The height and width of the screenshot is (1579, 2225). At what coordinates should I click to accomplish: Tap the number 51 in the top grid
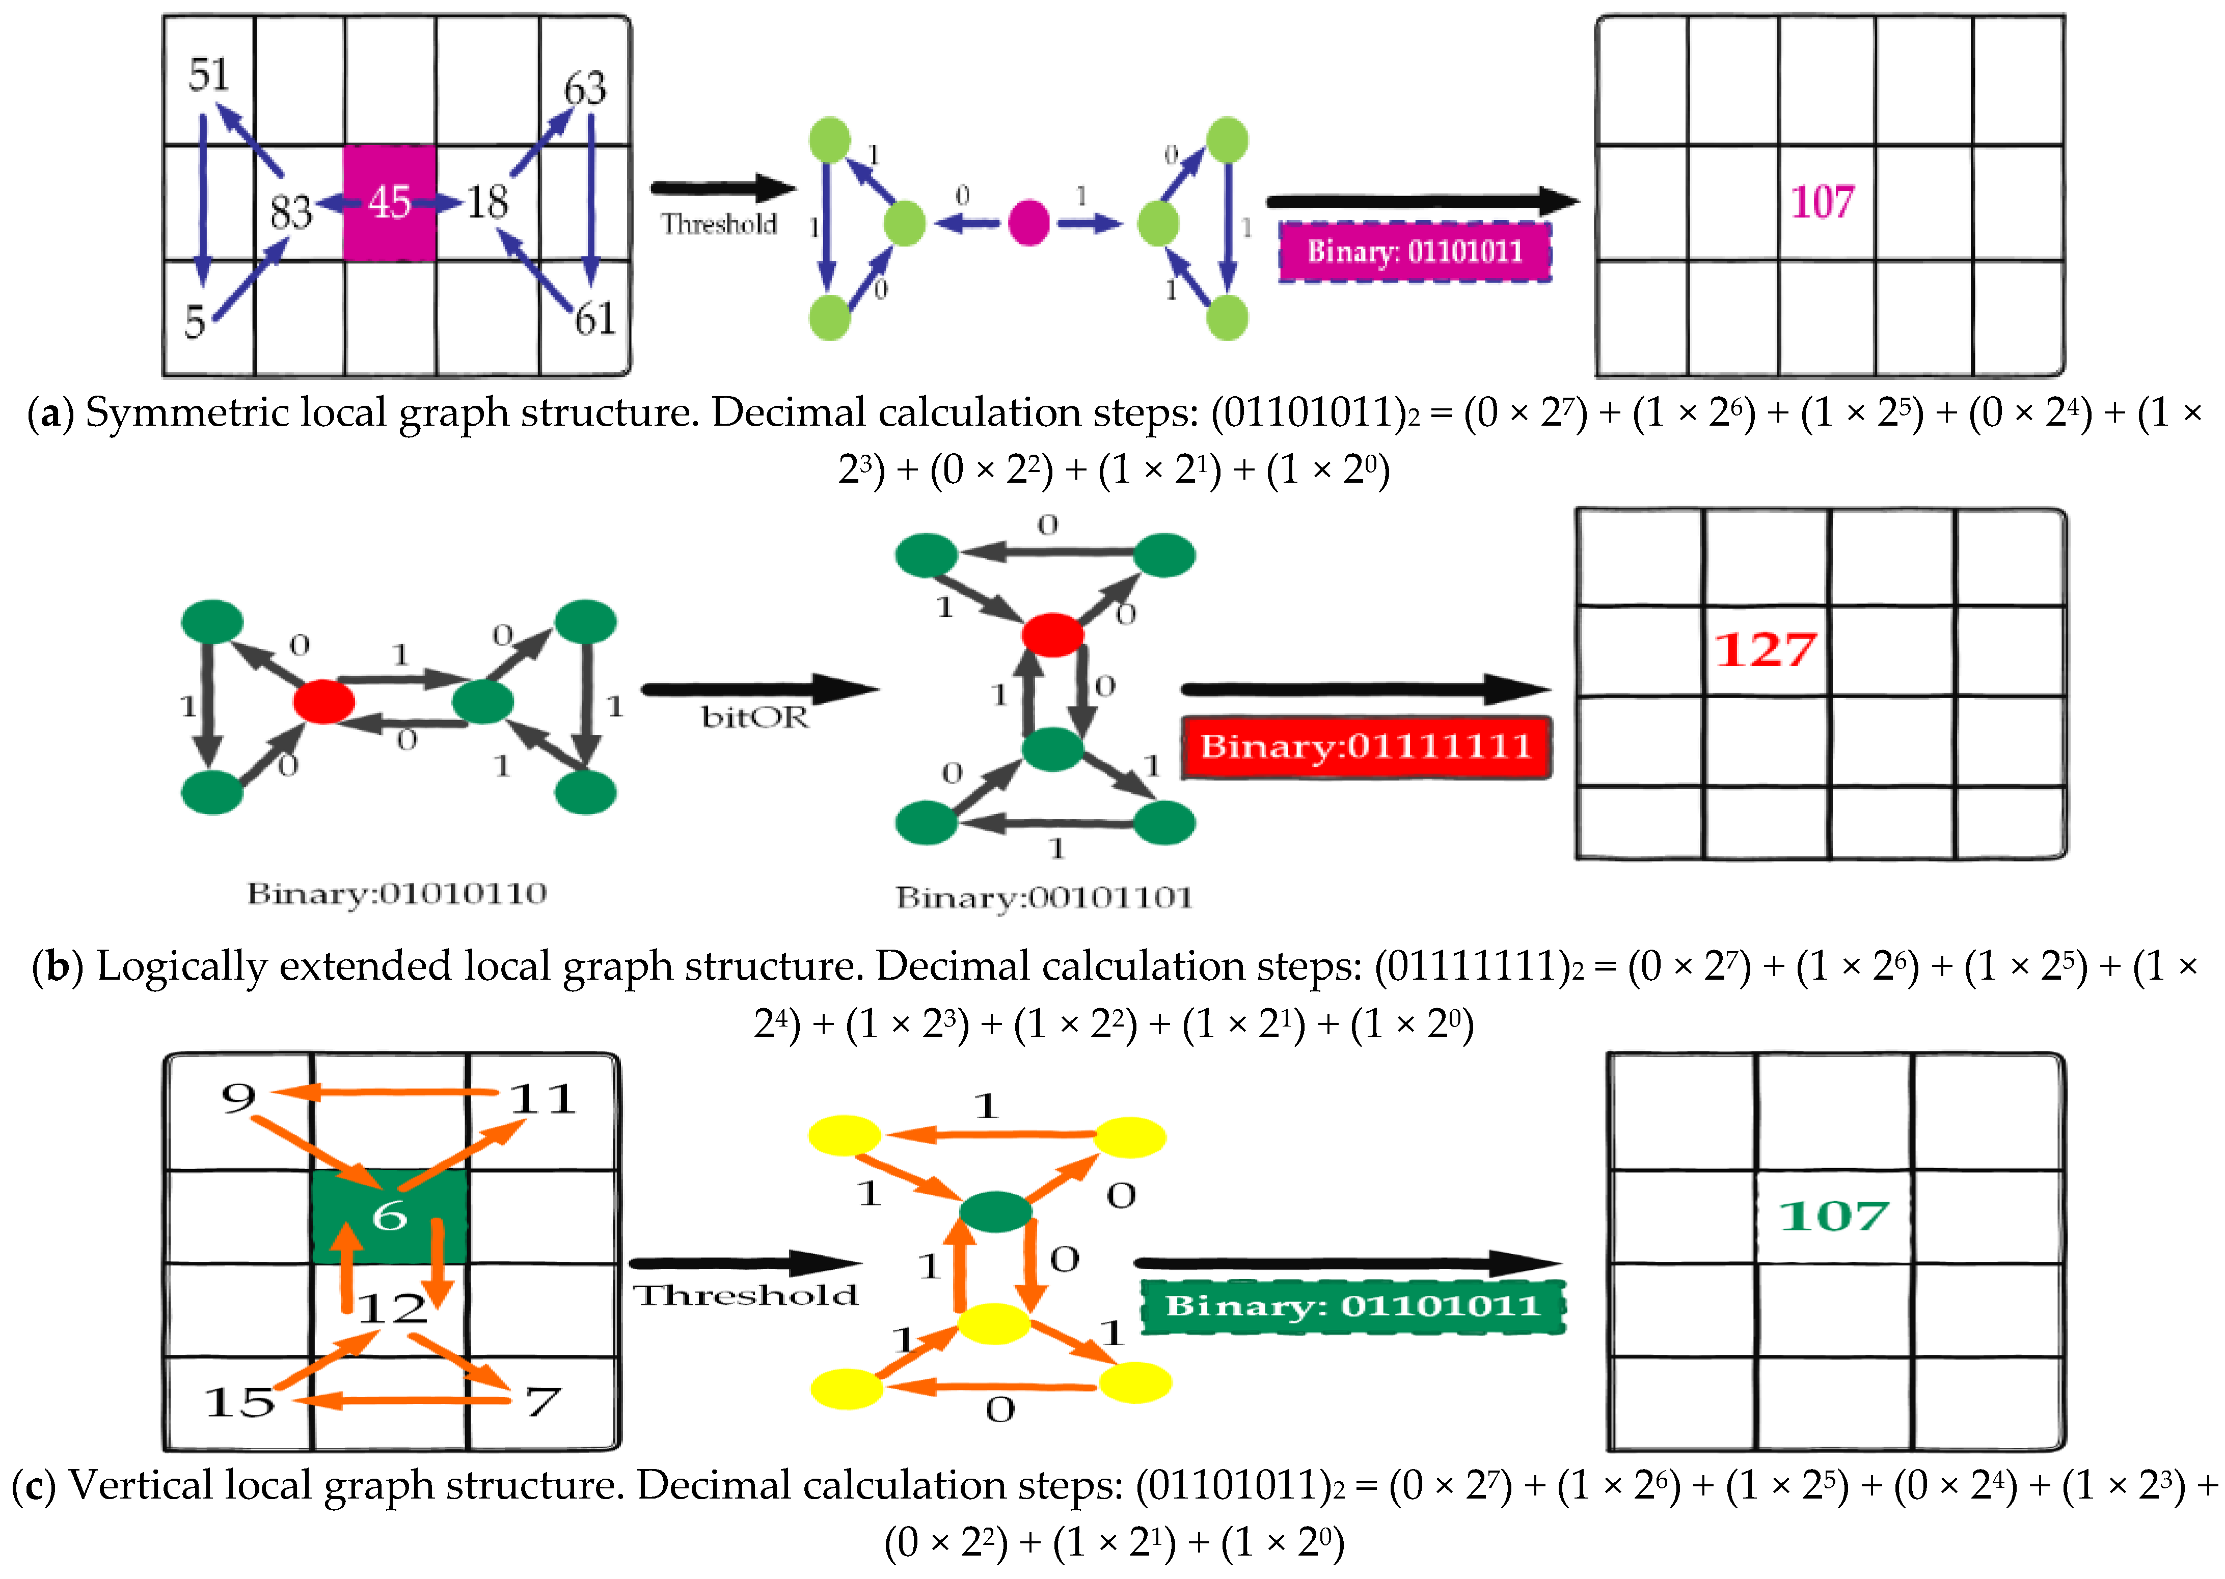click(x=209, y=75)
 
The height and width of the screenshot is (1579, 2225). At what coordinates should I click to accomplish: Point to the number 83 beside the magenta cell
click(x=291, y=211)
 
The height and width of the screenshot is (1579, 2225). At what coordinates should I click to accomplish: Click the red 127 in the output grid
click(x=1765, y=650)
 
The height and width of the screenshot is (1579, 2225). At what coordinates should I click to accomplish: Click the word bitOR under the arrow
click(x=754, y=717)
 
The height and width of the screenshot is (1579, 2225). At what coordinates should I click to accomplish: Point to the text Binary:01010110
click(x=397, y=893)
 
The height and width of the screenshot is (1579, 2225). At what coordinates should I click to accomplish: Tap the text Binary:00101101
click(x=1043, y=897)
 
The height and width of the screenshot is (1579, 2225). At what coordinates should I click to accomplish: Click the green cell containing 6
click(x=389, y=1215)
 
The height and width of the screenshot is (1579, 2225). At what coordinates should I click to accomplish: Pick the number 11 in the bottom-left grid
click(x=542, y=1100)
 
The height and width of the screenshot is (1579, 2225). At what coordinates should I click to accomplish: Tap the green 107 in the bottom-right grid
click(x=1833, y=1215)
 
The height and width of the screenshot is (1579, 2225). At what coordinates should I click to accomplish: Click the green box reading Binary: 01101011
click(x=1353, y=1306)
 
